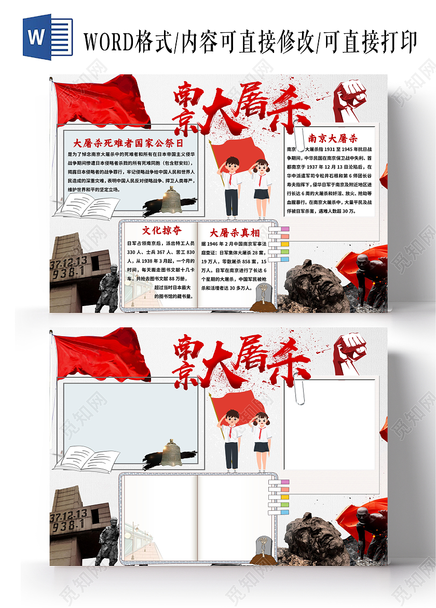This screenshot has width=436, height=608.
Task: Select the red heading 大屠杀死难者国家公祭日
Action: (x=128, y=142)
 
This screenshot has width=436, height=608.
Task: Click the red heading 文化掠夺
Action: (x=162, y=230)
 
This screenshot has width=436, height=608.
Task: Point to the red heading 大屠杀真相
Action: (x=235, y=232)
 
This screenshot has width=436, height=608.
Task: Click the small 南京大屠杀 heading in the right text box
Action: (x=333, y=138)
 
